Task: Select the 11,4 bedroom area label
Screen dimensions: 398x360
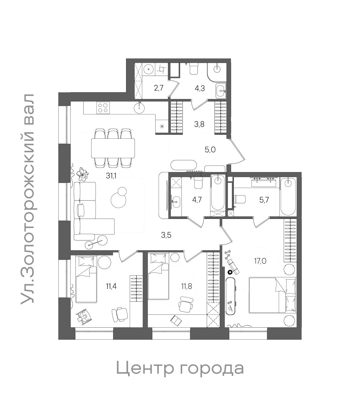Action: (111, 286)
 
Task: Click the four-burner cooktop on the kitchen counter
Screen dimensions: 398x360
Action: (103, 108)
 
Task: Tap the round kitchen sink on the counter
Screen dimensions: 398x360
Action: (140, 107)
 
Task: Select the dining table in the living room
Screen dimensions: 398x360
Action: (113, 148)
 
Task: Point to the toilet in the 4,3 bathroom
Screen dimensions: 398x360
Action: (194, 69)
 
